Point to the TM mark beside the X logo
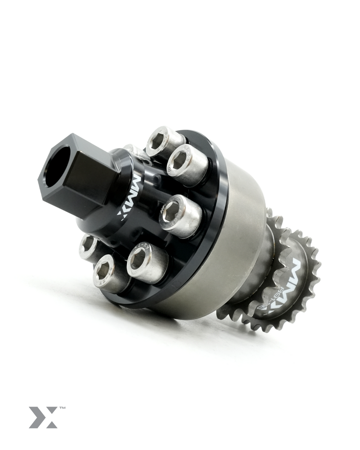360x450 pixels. pyautogui.click(x=62, y=408)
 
